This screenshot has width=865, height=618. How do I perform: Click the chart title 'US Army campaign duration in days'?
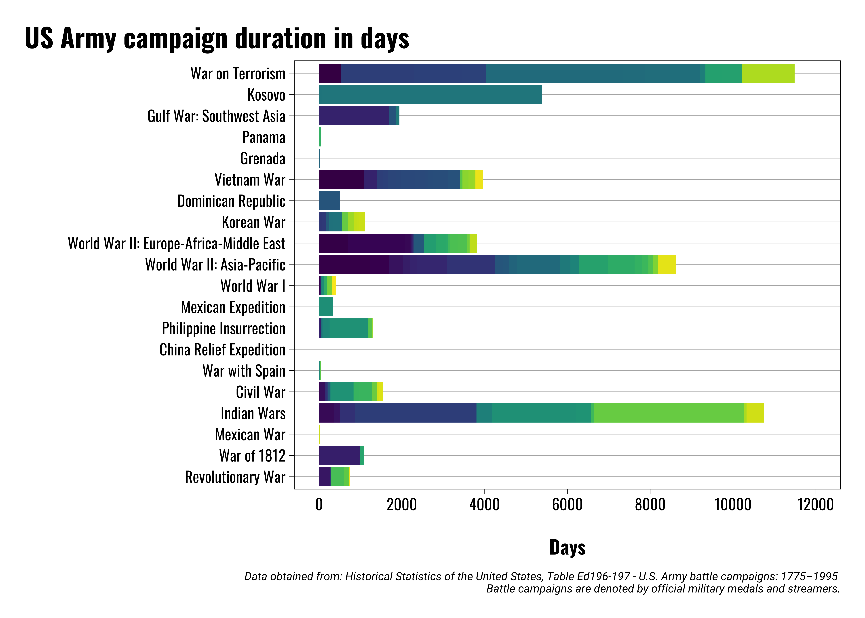[217, 38]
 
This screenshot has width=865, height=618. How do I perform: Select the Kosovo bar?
[430, 94]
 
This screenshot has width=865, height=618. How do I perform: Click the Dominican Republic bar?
[329, 201]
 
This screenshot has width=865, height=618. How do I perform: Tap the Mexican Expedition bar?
[326, 307]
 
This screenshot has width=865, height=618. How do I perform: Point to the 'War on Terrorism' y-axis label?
[238, 73]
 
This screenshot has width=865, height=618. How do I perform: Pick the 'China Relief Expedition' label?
[222, 349]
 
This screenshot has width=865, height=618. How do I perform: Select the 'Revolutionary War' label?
[235, 477]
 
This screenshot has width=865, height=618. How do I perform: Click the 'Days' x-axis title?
[567, 547]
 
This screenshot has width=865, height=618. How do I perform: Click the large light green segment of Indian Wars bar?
[668, 413]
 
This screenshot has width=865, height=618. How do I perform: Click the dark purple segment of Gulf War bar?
[354, 116]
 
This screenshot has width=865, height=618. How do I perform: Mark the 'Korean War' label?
[253, 222]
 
